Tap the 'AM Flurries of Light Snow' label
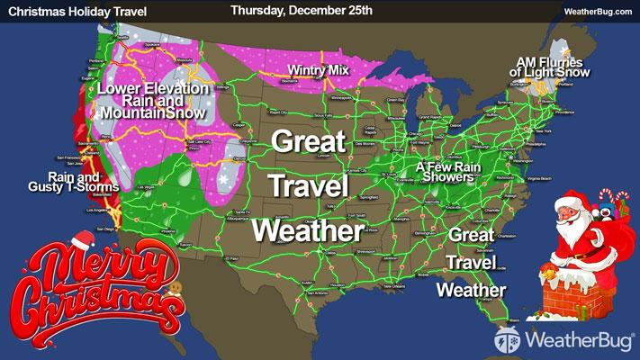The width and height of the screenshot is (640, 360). (549, 64)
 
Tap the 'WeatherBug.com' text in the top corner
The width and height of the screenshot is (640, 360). (598, 12)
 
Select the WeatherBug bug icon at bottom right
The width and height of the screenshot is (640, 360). (507, 341)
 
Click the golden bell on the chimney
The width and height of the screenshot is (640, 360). (547, 270)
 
